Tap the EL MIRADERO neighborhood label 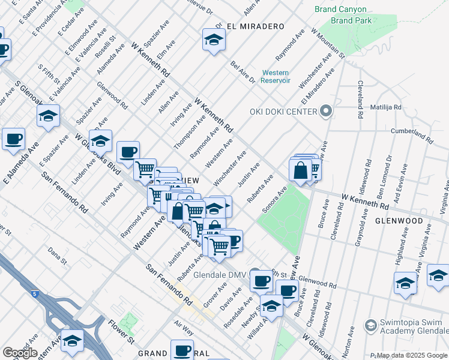coord(255,27)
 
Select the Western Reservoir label coord(276,77)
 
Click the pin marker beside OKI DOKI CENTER coord(326,112)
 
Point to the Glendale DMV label coord(221,276)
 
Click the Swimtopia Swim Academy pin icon coord(370,325)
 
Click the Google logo coord(20,353)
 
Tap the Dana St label coord(57,256)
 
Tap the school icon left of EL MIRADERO coord(211,40)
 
